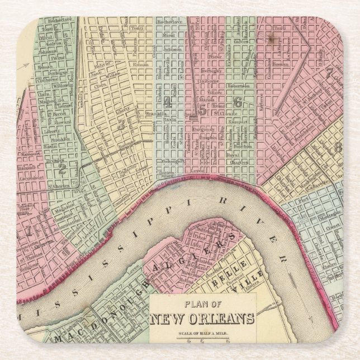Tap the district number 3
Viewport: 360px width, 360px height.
121,125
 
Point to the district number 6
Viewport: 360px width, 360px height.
238,102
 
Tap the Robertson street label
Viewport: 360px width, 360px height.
239,87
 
